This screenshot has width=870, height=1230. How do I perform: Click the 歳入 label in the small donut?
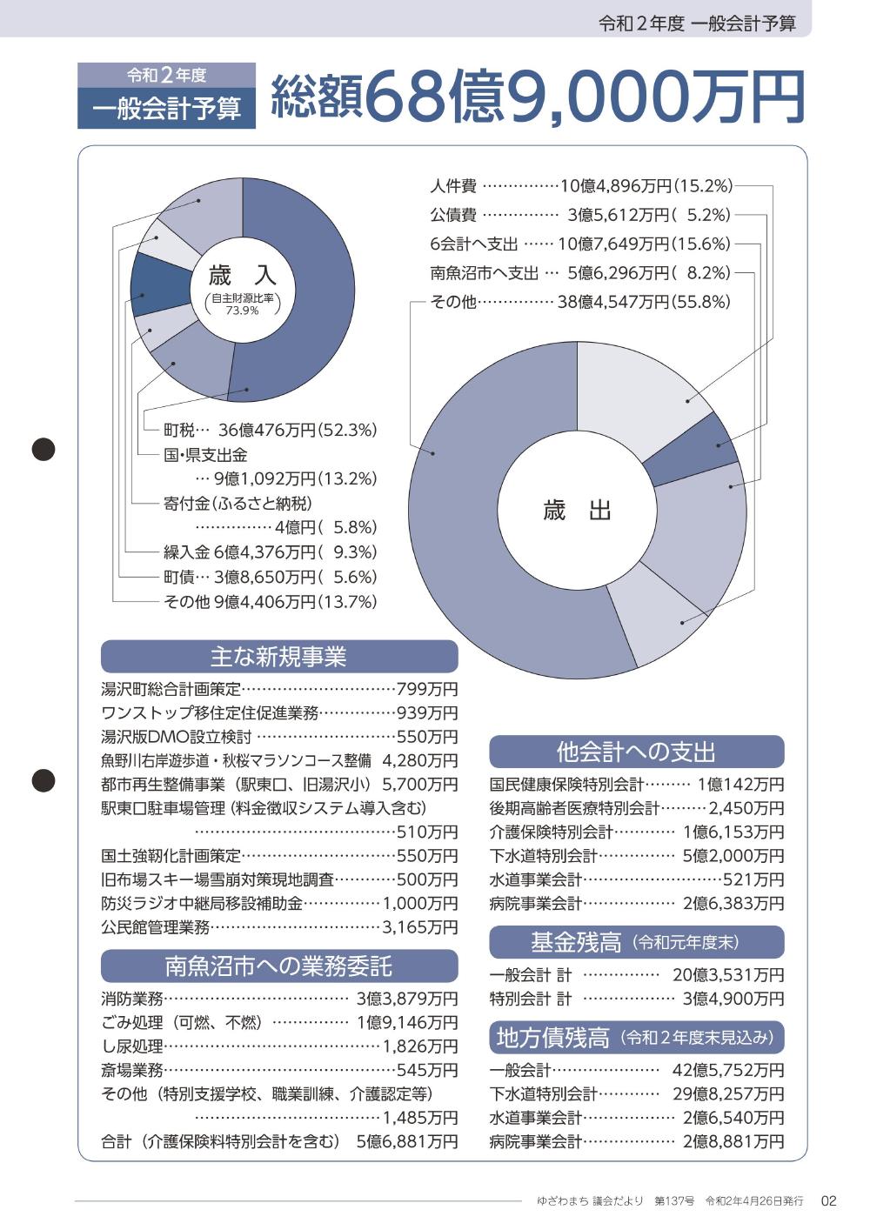(x=242, y=277)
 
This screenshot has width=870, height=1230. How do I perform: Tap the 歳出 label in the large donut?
(x=577, y=511)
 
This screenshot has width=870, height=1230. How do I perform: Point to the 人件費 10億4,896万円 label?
(x=581, y=185)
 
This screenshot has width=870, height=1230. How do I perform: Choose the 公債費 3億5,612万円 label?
(x=579, y=215)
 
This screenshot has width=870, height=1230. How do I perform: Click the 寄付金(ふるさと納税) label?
(x=238, y=503)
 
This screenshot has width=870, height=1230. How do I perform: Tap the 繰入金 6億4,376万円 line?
(x=270, y=551)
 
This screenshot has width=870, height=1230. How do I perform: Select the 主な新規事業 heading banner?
(x=278, y=657)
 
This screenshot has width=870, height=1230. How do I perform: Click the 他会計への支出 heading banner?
(x=636, y=751)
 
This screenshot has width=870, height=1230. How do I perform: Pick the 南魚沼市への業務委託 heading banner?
(x=278, y=966)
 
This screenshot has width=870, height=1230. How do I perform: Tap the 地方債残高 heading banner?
(x=636, y=1037)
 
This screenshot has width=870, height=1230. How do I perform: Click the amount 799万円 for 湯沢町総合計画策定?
(x=426, y=690)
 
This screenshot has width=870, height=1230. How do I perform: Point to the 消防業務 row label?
(x=132, y=999)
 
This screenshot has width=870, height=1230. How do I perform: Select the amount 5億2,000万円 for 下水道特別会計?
(x=733, y=856)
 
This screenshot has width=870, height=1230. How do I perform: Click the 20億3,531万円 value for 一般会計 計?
(x=727, y=975)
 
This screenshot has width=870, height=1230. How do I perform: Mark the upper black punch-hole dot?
(x=43, y=449)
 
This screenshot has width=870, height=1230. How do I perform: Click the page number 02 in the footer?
(x=828, y=1201)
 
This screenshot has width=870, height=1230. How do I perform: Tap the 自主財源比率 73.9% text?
(x=242, y=304)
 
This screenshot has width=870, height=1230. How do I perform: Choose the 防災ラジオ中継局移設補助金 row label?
(x=202, y=904)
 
